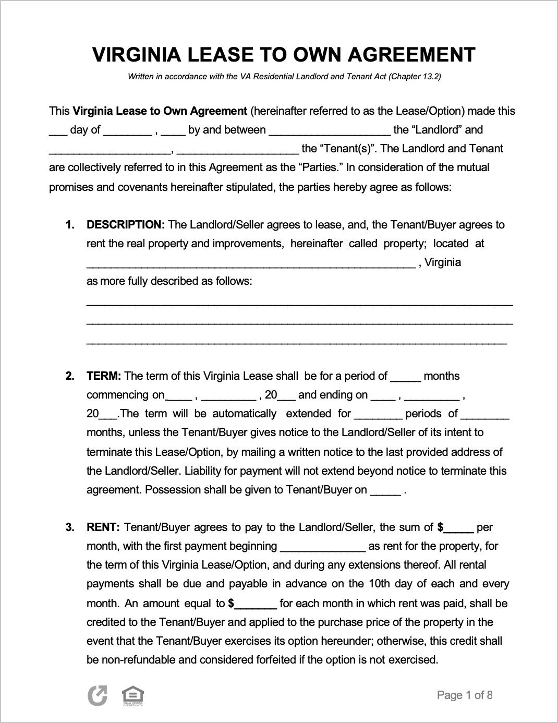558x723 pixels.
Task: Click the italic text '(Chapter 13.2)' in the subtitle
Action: [x=416, y=77]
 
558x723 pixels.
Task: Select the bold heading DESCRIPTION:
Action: [x=126, y=225]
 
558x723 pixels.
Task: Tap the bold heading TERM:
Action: [x=104, y=376]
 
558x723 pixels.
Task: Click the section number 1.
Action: [x=70, y=225]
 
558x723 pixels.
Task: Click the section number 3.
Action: [x=70, y=527]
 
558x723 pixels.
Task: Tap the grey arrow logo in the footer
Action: [x=98, y=696]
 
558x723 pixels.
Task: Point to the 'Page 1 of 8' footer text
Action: [x=465, y=695]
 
